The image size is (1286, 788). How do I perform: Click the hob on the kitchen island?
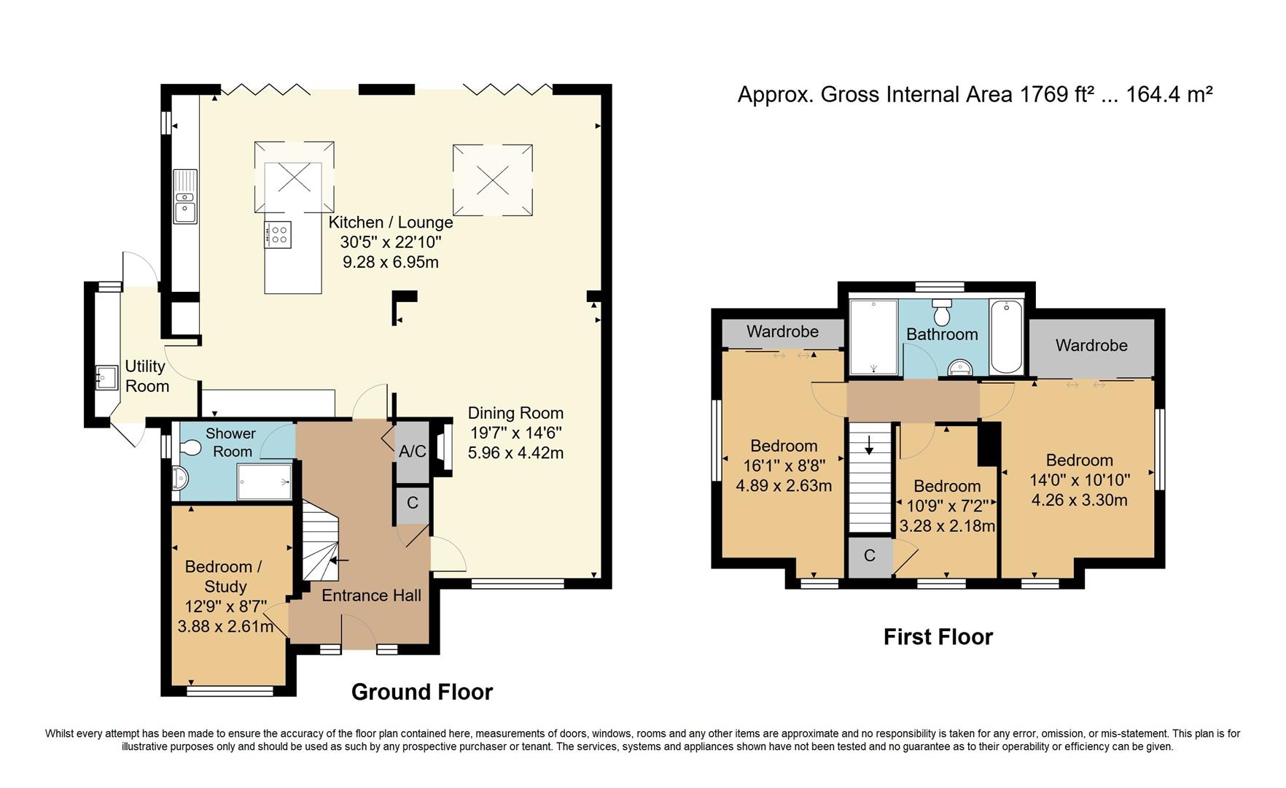(278, 234)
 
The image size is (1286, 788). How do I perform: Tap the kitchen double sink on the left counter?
(185, 196)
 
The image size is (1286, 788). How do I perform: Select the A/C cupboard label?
(412, 452)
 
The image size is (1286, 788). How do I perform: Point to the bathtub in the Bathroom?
(1006, 336)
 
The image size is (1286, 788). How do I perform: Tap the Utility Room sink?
(106, 377)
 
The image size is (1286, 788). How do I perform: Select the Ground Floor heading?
(422, 692)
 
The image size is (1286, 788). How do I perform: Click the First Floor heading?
(938, 637)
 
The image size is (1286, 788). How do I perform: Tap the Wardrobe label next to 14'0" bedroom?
(1091, 345)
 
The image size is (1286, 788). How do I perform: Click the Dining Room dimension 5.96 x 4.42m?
(515, 452)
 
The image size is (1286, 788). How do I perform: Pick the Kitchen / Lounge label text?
(390, 223)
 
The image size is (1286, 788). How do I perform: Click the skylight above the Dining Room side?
(492, 179)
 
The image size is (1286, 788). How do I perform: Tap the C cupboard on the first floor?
(869, 556)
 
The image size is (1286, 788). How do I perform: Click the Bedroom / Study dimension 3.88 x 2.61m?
(225, 626)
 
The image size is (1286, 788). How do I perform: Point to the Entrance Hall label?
(371, 595)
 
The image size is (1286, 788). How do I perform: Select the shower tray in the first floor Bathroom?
(873, 336)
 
